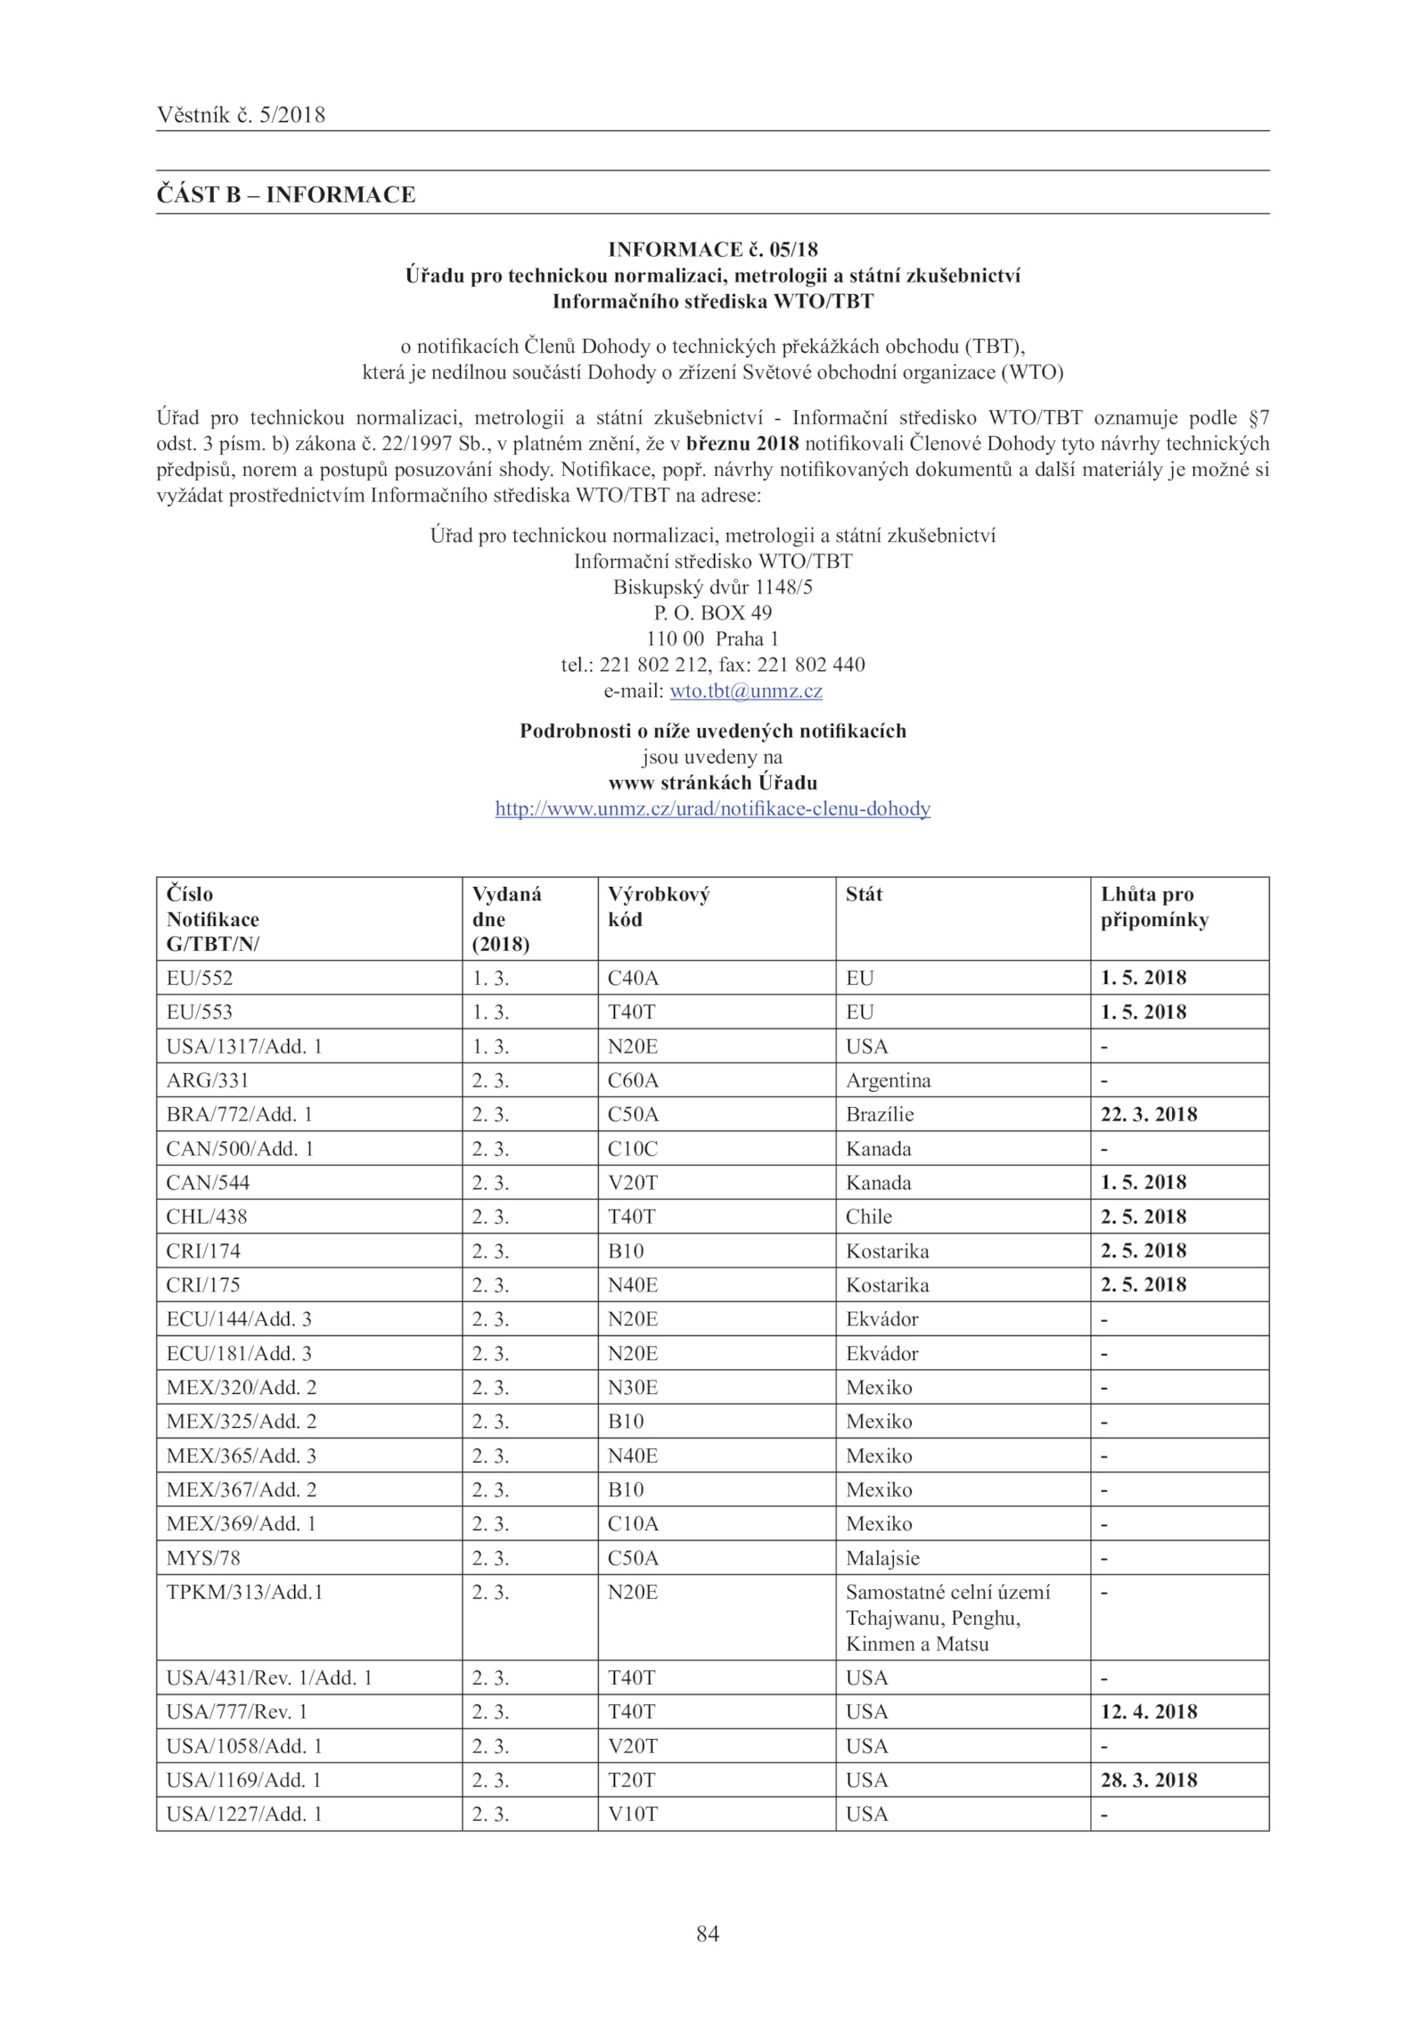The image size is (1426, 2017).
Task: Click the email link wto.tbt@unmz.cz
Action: point(745,691)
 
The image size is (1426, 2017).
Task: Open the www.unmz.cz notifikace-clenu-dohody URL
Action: point(712,808)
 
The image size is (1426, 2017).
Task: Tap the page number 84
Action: point(708,1933)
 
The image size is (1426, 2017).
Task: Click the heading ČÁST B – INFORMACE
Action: point(286,194)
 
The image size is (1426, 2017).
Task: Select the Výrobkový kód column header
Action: point(658,906)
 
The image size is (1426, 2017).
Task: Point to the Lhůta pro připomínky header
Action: point(1153,906)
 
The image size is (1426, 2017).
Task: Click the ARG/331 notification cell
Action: point(208,1080)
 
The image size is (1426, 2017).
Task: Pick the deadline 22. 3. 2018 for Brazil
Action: point(1148,1114)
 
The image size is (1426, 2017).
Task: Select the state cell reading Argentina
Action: point(888,1080)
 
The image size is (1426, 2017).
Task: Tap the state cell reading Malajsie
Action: point(882,1558)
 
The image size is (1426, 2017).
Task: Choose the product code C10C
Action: point(633,1149)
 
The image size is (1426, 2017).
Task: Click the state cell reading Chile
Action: point(869,1217)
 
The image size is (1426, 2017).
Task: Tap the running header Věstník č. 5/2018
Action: point(241,115)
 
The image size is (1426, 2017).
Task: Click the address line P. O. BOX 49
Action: point(712,613)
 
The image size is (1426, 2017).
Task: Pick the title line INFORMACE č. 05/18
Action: point(712,250)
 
